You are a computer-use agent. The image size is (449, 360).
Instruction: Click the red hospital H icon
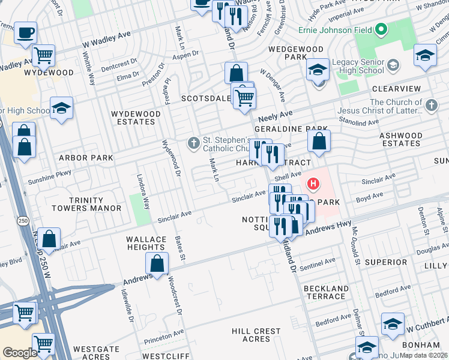pos(313,183)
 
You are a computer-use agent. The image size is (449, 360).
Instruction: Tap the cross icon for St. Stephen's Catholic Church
pos(193,143)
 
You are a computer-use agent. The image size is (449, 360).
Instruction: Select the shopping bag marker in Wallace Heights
pos(157,263)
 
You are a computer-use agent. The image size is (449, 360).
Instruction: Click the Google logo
pos(19,352)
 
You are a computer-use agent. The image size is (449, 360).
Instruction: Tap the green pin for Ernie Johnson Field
pos(381,29)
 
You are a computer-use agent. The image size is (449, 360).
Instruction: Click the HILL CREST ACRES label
pos(256,335)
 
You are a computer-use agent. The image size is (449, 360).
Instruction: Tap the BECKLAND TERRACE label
pos(327,293)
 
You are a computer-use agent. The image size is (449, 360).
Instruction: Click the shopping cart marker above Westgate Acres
pos(44,344)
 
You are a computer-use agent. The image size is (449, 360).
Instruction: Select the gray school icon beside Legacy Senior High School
pos(393,64)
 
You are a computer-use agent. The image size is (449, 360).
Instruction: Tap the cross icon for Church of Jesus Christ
pos(430,106)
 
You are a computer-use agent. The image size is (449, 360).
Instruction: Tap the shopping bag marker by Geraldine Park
pos(319,142)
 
